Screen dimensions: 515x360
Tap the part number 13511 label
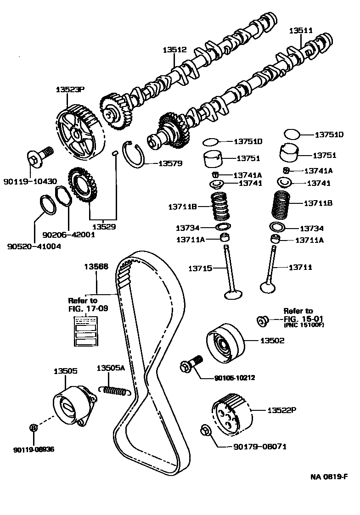coord(301,31)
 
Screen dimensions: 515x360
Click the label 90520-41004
coord(34,246)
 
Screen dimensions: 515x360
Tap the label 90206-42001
coord(68,234)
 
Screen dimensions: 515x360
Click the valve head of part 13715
coord(233,292)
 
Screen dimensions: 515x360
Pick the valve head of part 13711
coord(269,287)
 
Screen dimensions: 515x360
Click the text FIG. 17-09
coord(88,308)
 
